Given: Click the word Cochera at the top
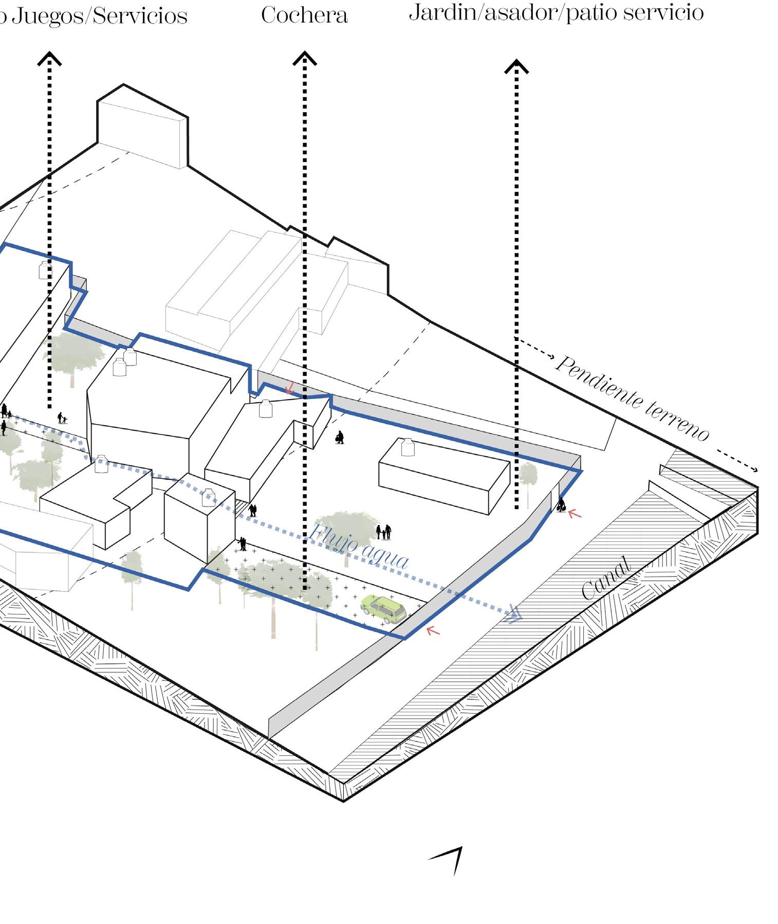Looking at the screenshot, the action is (304, 15).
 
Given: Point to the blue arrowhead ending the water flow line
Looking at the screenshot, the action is (514, 615).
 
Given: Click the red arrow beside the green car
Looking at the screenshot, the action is (433, 630).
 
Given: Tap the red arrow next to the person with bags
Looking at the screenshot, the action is (575, 513).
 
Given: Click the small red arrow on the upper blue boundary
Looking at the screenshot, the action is (290, 387).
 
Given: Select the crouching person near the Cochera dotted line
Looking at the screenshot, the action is (339, 438).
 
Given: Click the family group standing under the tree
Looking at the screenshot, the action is (384, 532).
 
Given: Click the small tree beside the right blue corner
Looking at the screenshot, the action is (528, 475).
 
